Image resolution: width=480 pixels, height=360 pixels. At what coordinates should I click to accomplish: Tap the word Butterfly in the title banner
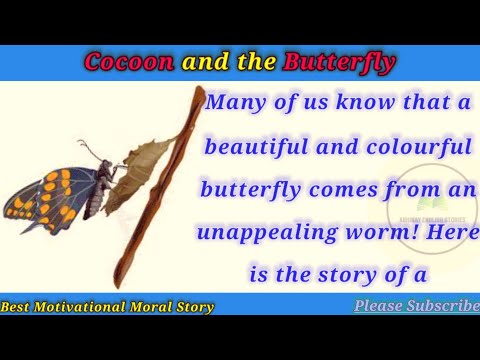(x=339, y=62)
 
